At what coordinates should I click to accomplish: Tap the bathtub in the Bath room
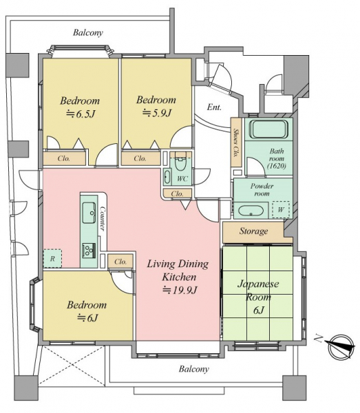[268, 129]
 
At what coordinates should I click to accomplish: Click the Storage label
[253, 231]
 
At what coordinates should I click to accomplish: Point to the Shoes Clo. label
[236, 142]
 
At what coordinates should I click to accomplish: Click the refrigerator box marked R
[52, 258]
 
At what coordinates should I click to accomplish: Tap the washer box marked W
[281, 210]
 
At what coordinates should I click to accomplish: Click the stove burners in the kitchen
[89, 250]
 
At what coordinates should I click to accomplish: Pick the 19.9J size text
[180, 290]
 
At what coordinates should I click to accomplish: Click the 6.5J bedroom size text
[80, 114]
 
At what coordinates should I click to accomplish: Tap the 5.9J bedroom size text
[157, 113]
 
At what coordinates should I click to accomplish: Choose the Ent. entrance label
[214, 107]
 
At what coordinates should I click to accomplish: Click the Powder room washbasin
[251, 211]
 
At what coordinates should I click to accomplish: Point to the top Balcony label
[88, 32]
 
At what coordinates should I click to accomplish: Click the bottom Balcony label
[194, 369]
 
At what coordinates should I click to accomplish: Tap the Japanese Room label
[258, 290]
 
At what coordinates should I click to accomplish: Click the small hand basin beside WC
[167, 176]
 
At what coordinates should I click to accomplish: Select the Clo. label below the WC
[177, 194]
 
